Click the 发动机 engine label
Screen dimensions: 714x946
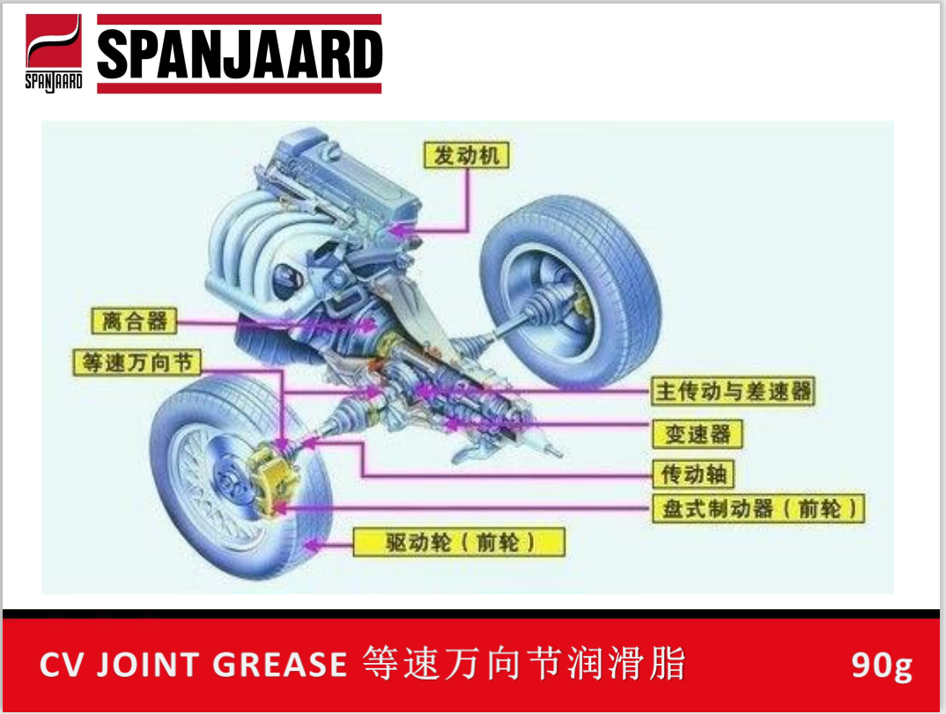coord(467,156)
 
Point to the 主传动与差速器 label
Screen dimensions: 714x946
coord(733,391)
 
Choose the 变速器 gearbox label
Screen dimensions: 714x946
coord(698,433)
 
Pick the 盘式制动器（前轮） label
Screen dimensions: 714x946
coord(758,509)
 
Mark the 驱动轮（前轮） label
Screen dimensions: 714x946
coord(458,541)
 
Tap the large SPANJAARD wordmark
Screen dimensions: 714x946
coord(239,54)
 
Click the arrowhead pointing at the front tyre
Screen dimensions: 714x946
coord(307,546)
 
